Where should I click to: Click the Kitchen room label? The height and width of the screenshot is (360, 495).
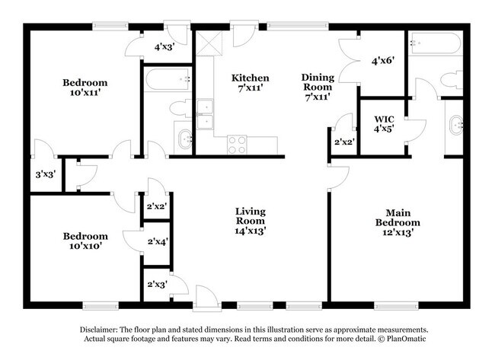pos(251,78)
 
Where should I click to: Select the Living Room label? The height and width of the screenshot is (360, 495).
pos(250,216)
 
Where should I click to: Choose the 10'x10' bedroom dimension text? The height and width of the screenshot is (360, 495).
pos(85,247)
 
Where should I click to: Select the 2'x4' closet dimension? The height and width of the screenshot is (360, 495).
pos(158,243)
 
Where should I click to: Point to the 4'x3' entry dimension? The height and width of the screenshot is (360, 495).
pos(165,46)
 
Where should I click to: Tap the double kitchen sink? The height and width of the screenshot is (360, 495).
pos(205,115)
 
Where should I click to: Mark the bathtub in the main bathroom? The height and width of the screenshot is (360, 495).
pos(435,44)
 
